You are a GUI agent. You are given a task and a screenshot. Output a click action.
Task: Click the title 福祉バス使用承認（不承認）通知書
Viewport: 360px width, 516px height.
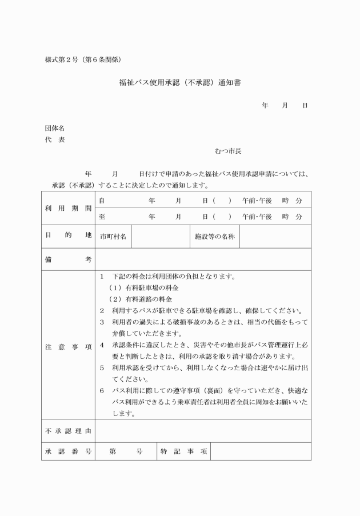click(x=180, y=82)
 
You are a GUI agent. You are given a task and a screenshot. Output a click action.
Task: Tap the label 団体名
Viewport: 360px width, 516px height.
click(x=55, y=129)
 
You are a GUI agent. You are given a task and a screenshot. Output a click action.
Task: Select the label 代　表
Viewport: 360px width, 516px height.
click(x=55, y=140)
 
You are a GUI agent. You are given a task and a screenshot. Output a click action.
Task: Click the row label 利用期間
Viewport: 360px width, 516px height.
click(x=68, y=209)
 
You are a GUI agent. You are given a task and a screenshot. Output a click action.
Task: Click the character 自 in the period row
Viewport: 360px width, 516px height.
click(x=102, y=201)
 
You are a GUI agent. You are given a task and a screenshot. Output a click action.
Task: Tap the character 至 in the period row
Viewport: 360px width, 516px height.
click(x=102, y=217)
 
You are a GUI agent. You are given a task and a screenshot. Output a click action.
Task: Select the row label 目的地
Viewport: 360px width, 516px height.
click(x=68, y=236)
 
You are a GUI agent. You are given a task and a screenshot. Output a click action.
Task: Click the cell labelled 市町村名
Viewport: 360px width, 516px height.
click(x=113, y=236)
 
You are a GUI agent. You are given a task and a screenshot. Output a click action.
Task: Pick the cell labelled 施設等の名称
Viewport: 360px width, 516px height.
click(x=215, y=236)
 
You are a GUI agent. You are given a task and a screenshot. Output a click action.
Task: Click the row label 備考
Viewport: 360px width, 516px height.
click(x=68, y=259)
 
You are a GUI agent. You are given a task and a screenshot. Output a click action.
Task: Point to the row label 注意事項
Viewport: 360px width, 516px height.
click(x=68, y=347)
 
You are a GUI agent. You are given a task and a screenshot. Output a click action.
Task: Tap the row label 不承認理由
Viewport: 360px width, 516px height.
click(x=68, y=431)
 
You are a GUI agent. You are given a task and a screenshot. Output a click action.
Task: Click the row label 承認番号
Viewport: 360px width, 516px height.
click(x=68, y=451)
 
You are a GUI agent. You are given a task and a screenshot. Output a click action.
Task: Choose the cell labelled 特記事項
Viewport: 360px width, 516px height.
click(x=183, y=451)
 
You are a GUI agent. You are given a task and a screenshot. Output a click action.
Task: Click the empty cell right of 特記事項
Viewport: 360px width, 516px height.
click(x=261, y=451)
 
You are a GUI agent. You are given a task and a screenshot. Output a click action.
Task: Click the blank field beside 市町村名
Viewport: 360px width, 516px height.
click(x=160, y=236)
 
